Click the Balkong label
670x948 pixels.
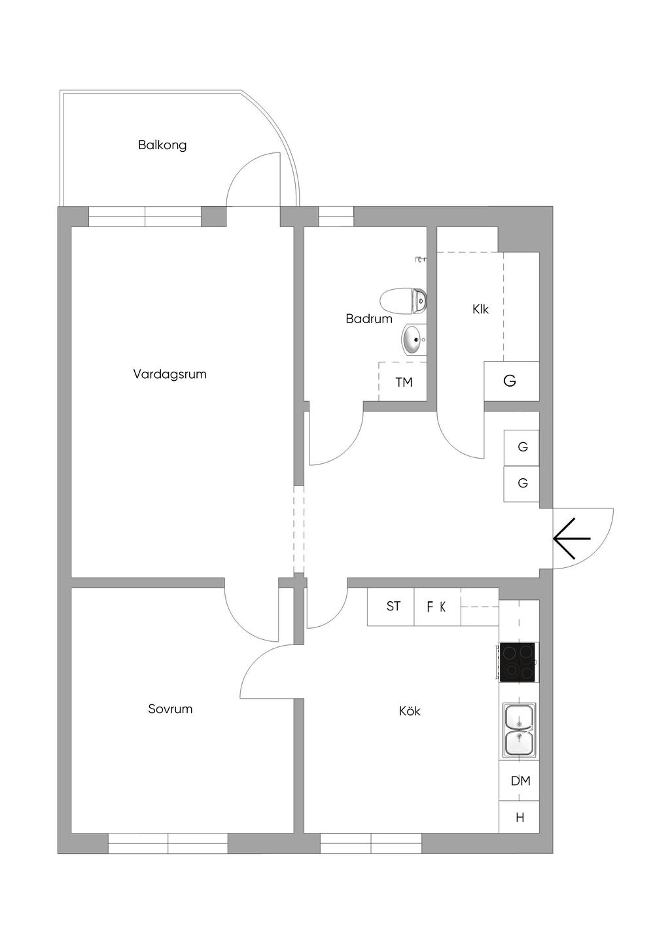tap(162, 145)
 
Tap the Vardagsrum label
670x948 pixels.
tap(169, 374)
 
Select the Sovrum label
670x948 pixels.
tap(170, 709)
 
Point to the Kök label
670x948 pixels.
tap(410, 711)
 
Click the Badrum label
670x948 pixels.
tap(369, 319)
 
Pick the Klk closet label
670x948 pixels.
tap(480, 309)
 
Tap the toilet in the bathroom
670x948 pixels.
tap(403, 301)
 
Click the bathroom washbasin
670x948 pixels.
tap(414, 339)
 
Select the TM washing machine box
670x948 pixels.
tap(402, 381)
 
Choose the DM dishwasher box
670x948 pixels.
tap(520, 781)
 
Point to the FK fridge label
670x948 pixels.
tap(436, 607)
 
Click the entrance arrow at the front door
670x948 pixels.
tap(571, 538)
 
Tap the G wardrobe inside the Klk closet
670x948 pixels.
tap(511, 381)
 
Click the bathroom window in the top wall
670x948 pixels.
tap(336, 217)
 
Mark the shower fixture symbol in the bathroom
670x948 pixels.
tap(421, 260)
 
